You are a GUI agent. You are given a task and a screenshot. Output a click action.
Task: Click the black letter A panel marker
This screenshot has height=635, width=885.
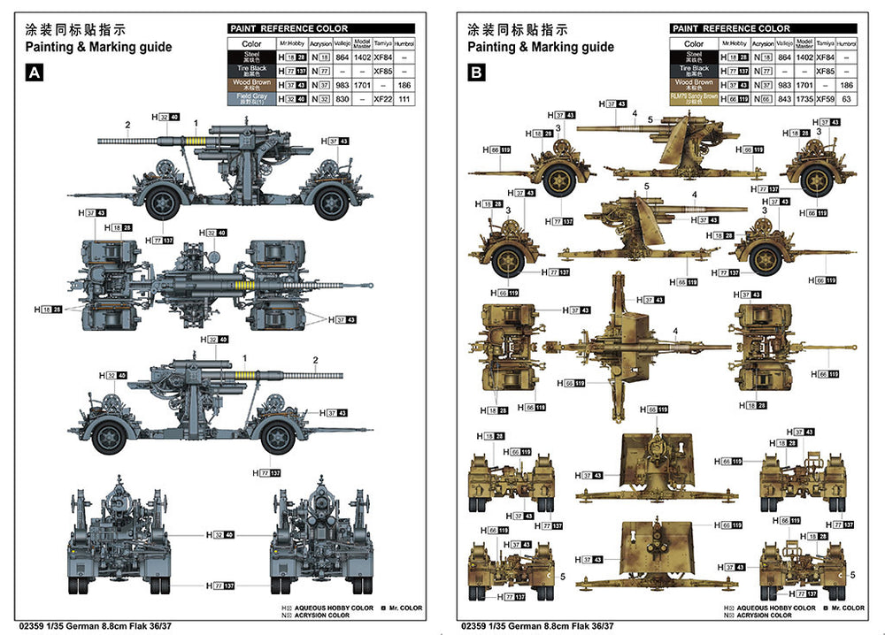pyautogui.click(x=35, y=73)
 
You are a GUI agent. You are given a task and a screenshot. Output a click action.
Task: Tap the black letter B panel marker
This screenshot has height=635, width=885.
pyautogui.click(x=476, y=73)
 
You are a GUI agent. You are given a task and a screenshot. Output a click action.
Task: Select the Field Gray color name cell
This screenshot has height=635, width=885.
pyautogui.click(x=251, y=100)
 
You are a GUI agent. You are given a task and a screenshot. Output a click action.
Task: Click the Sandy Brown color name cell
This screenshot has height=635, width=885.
pyautogui.click(x=694, y=100)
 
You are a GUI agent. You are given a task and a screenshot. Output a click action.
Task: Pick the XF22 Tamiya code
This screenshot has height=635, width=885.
pyautogui.click(x=382, y=100)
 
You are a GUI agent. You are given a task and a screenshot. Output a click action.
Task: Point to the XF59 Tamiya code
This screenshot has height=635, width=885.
pyautogui.click(x=825, y=100)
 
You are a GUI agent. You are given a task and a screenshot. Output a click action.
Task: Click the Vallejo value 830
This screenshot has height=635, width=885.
pyautogui.click(x=342, y=100)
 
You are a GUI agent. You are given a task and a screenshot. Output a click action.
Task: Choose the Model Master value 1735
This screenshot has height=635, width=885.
pyautogui.click(x=804, y=100)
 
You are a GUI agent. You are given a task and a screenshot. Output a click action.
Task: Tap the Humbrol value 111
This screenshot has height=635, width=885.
pyautogui.click(x=404, y=100)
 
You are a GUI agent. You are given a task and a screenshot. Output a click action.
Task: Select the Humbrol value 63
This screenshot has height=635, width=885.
pyautogui.click(x=847, y=100)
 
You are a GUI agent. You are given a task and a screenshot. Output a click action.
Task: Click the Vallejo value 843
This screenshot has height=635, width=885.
pyautogui.click(x=785, y=100)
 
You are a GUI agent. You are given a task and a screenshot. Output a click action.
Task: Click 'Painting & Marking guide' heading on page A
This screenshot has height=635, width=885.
pyautogui.click(x=98, y=47)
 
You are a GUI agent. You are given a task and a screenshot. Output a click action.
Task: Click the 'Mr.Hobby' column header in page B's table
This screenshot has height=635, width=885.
pyautogui.click(x=735, y=42)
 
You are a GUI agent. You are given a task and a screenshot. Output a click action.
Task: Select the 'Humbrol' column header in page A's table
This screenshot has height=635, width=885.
pyautogui.click(x=404, y=42)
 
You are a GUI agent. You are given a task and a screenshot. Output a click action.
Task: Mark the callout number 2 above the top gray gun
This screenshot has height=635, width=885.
pyautogui.click(x=127, y=126)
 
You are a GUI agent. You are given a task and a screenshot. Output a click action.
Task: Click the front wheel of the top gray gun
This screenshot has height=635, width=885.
pyautogui.click(x=162, y=203)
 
